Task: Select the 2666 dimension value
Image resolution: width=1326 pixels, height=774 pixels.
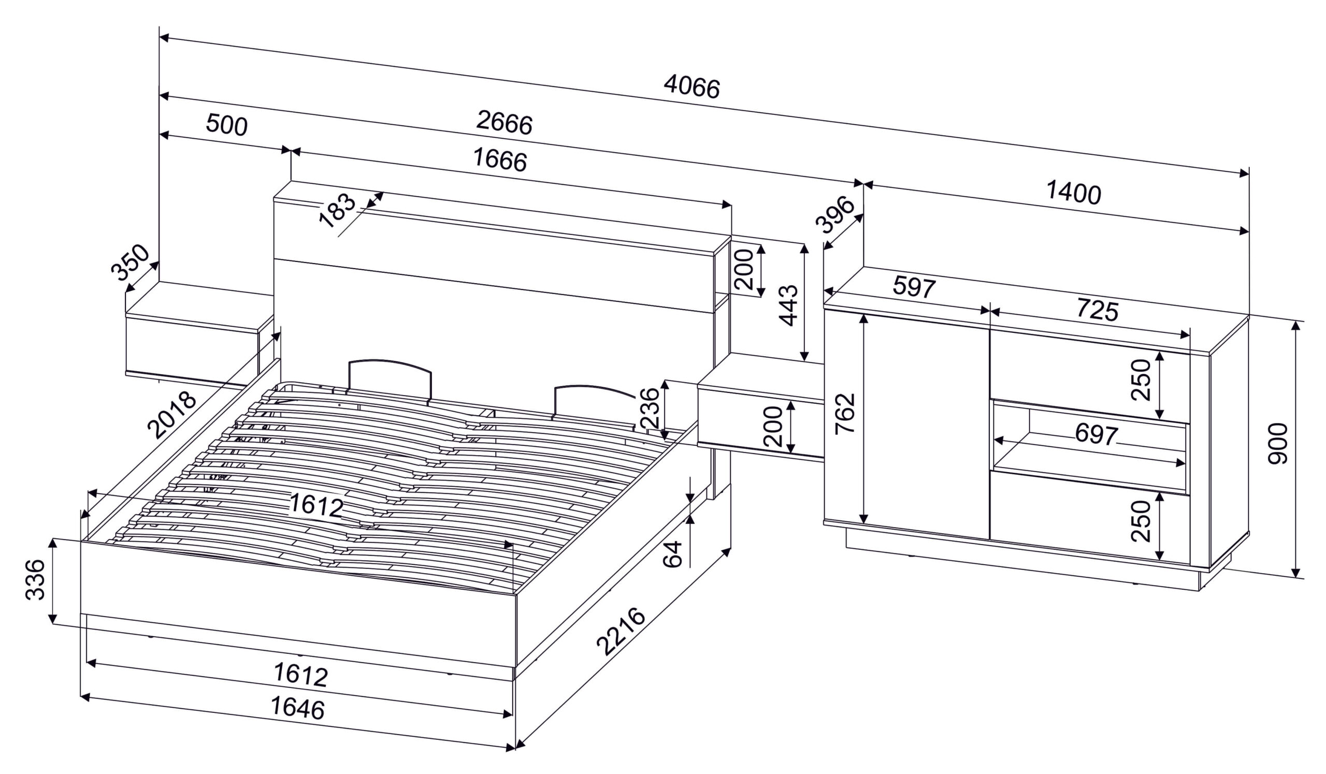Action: (504, 123)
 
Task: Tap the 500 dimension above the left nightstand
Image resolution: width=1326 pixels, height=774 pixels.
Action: (226, 125)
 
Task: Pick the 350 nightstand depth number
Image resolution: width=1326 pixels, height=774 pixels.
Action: (130, 262)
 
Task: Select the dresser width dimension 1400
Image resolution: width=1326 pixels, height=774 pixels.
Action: (1073, 193)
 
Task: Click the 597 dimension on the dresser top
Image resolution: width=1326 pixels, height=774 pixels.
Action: (914, 288)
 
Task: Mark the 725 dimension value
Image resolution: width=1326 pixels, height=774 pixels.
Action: (1097, 310)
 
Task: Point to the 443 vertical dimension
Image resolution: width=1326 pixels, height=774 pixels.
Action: (788, 305)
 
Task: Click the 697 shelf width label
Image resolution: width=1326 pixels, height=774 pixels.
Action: (1096, 434)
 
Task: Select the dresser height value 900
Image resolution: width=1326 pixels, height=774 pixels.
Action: (1278, 443)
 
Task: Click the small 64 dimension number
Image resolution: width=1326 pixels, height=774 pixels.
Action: (672, 554)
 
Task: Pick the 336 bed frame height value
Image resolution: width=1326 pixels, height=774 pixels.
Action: (35, 579)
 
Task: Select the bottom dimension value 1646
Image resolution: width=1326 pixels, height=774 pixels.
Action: (297, 708)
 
